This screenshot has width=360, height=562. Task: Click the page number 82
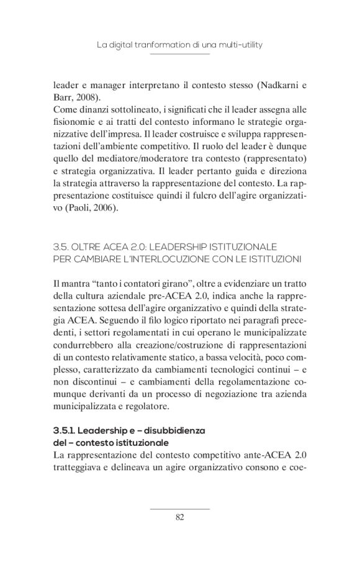pos(180,518)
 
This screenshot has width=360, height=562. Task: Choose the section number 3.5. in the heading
pos(64,247)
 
